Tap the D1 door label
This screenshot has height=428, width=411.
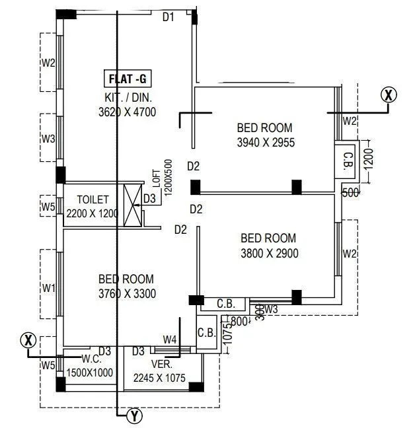pyautogui.click(x=168, y=18)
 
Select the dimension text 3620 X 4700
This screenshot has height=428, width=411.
pyautogui.click(x=127, y=112)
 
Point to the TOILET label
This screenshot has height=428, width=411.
pyautogui.click(x=93, y=199)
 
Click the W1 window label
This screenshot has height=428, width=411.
pyautogui.click(x=48, y=287)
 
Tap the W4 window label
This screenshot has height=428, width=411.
pyautogui.click(x=170, y=340)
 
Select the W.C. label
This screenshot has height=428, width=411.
pyautogui.click(x=91, y=360)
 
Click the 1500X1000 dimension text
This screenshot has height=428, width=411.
pyautogui.click(x=89, y=373)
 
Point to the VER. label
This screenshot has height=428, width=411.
pyautogui.click(x=161, y=364)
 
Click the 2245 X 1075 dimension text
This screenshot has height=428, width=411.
pyautogui.click(x=159, y=378)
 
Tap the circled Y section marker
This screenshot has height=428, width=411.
pyautogui.click(x=134, y=415)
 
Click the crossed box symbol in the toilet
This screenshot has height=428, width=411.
pyautogui.click(x=133, y=205)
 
